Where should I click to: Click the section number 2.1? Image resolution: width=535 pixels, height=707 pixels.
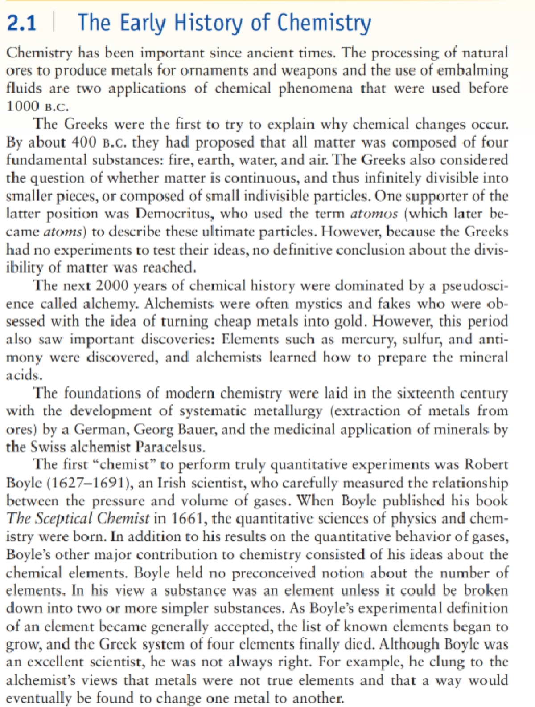[x=21, y=23]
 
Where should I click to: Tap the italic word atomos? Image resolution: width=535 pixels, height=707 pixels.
[x=374, y=214]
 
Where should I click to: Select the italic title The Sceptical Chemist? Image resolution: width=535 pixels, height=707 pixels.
[x=78, y=519]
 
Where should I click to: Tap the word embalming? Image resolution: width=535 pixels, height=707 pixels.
[x=472, y=70]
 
